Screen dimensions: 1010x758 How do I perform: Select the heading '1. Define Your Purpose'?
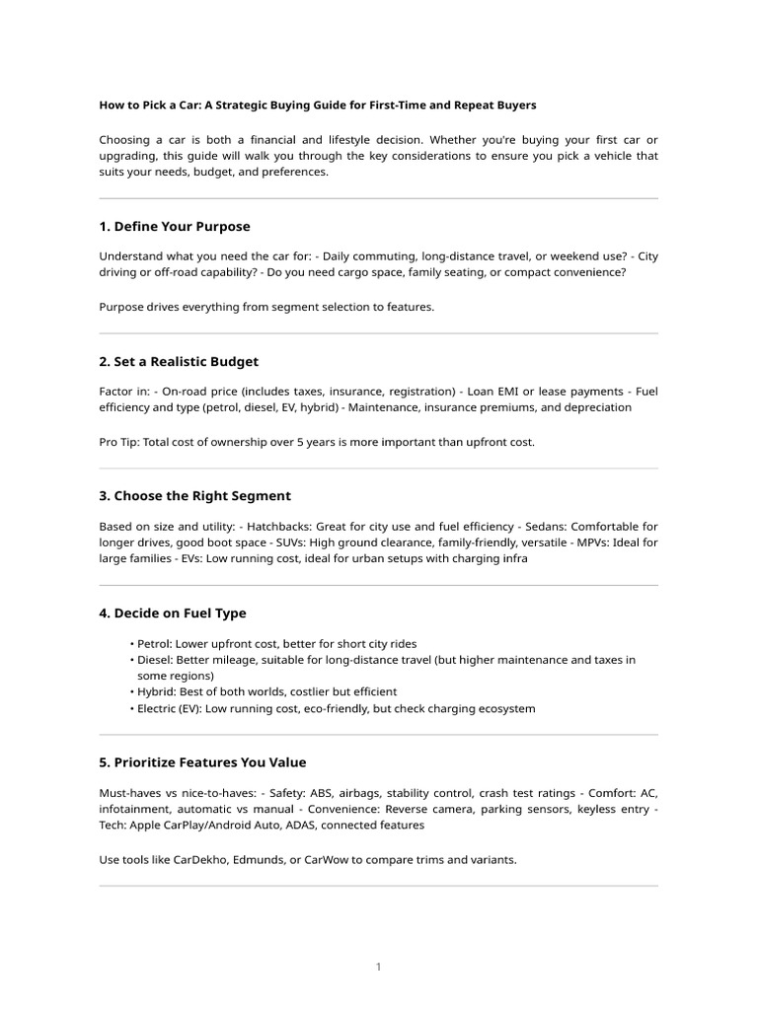click(x=175, y=227)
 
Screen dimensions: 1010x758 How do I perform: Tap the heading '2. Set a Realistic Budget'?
click(x=179, y=362)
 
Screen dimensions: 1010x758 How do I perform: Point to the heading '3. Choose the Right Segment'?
click(x=194, y=496)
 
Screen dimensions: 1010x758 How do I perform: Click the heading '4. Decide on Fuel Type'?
click(x=173, y=613)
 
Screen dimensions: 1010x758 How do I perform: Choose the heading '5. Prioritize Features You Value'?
click(x=202, y=762)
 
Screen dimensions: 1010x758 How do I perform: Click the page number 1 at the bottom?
click(x=378, y=968)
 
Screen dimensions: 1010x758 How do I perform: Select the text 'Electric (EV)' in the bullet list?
click(x=169, y=708)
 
